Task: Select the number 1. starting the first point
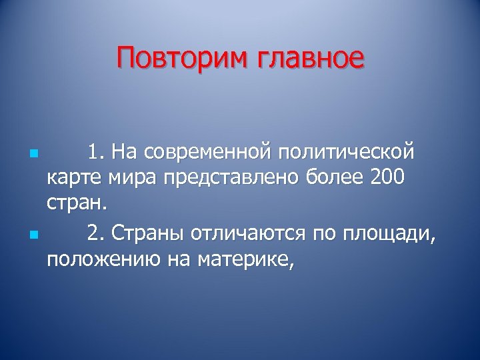coord(97,153)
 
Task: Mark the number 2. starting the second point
coord(97,233)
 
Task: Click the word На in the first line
coord(123,153)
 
